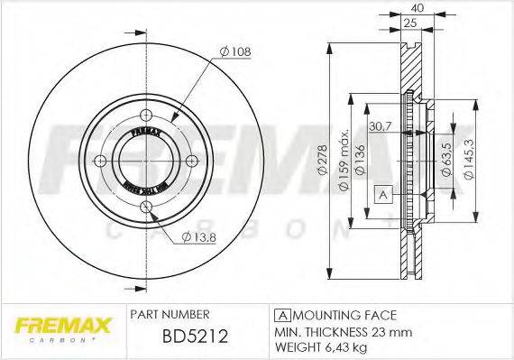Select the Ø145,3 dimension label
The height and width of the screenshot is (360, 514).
465,162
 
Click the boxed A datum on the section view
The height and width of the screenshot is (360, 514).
382,194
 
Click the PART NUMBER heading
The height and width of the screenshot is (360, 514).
170,314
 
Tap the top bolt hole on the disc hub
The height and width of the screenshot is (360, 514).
146,114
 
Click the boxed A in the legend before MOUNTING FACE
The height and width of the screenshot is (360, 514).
281,315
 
